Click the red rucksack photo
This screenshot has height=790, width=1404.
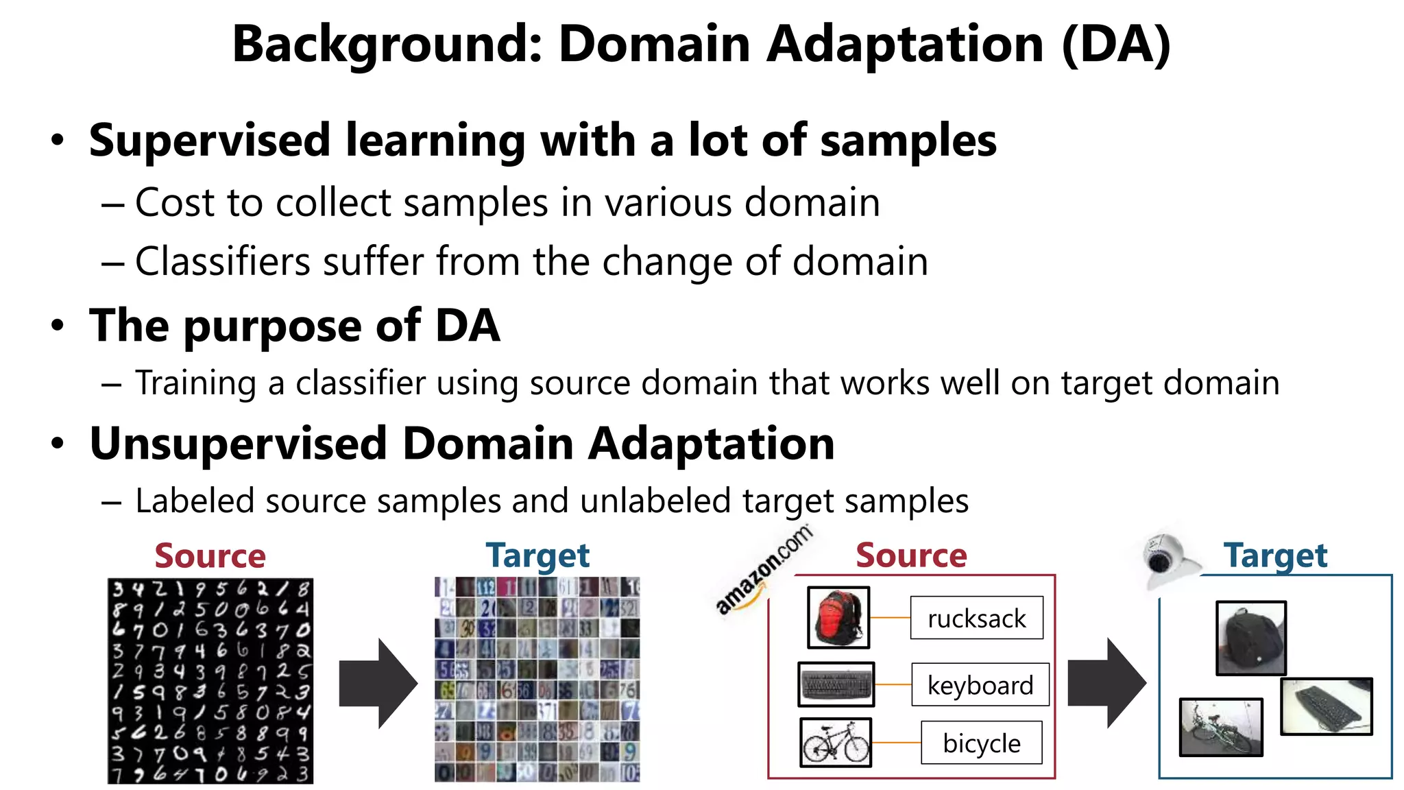click(x=838, y=617)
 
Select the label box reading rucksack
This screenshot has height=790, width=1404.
click(x=976, y=618)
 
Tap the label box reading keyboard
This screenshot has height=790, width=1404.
click(x=980, y=684)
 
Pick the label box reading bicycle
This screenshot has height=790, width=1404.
click(x=981, y=743)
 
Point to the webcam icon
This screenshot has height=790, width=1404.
click(x=1165, y=559)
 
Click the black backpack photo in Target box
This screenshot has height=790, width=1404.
click(x=1250, y=638)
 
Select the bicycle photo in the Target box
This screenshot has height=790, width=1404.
click(x=1220, y=727)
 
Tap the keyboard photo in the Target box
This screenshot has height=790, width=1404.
click(x=1326, y=706)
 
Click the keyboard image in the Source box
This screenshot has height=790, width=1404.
click(x=836, y=684)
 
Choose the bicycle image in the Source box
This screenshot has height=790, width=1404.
click(x=836, y=742)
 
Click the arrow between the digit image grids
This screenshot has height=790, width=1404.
click(x=378, y=683)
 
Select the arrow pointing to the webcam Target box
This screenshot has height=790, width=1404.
click(x=1106, y=683)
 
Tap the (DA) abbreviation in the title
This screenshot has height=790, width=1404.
click(x=1115, y=44)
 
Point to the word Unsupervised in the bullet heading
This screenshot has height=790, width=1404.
click(x=239, y=444)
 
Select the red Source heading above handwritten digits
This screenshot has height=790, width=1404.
click(x=210, y=555)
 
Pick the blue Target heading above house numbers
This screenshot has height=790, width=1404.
click(x=537, y=555)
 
